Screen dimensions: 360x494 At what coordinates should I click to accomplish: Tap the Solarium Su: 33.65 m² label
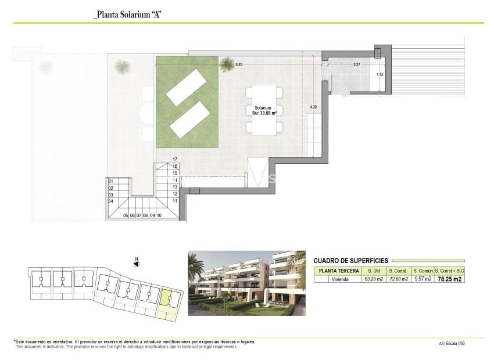click(x=263, y=110)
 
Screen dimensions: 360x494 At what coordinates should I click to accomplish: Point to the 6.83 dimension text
click(x=239, y=65)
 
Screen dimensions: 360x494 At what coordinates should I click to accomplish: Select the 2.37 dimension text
click(x=356, y=65)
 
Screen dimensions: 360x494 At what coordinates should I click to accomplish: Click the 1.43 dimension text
click(x=380, y=74)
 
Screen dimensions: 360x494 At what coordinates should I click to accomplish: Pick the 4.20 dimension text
click(x=313, y=107)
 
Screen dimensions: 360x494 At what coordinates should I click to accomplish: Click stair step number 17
click(x=174, y=159)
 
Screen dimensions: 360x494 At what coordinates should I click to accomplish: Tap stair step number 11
click(x=174, y=200)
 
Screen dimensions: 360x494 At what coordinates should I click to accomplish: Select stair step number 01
click(x=111, y=181)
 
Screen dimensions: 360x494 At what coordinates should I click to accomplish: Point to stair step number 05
click(x=126, y=215)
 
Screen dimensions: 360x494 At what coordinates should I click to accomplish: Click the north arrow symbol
click(x=136, y=263)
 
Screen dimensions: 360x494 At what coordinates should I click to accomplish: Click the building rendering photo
click(x=247, y=283)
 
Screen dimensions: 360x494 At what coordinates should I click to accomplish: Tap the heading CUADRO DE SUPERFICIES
click(x=350, y=261)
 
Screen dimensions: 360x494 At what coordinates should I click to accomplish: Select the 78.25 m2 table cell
click(x=449, y=279)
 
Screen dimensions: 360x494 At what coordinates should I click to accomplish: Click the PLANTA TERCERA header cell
click(x=337, y=271)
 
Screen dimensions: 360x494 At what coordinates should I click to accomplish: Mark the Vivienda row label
click(x=337, y=279)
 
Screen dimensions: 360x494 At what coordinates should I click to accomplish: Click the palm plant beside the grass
click(x=122, y=66)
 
